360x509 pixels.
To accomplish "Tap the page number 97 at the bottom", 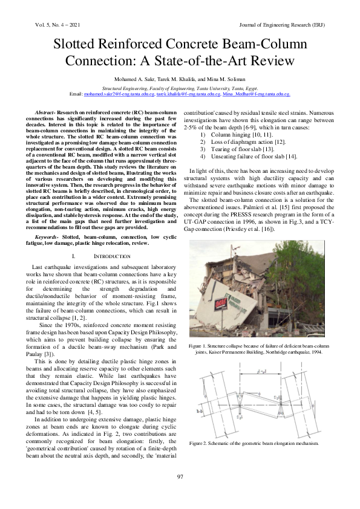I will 180,478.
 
